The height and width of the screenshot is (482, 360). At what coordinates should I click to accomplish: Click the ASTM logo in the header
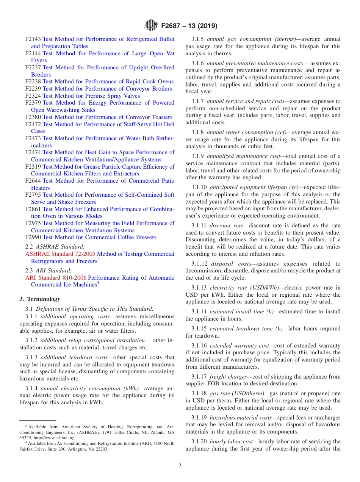152,26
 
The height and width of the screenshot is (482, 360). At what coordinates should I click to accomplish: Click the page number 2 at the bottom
180,466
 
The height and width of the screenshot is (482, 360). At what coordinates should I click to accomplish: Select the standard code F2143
33,39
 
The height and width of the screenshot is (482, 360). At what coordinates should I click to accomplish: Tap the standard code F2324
33,96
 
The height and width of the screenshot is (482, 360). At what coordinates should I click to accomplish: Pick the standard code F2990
33,237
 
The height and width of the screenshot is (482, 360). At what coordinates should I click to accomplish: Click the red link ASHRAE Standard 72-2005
60,254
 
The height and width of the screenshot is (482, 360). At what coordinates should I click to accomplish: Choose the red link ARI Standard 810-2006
56,278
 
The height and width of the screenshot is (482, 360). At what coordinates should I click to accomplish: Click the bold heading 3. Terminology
40,299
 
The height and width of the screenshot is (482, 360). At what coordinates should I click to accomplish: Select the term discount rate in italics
226,225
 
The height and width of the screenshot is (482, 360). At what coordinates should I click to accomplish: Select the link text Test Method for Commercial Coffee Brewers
99,237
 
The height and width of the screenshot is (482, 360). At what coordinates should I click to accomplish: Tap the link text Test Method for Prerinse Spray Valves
91,96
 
